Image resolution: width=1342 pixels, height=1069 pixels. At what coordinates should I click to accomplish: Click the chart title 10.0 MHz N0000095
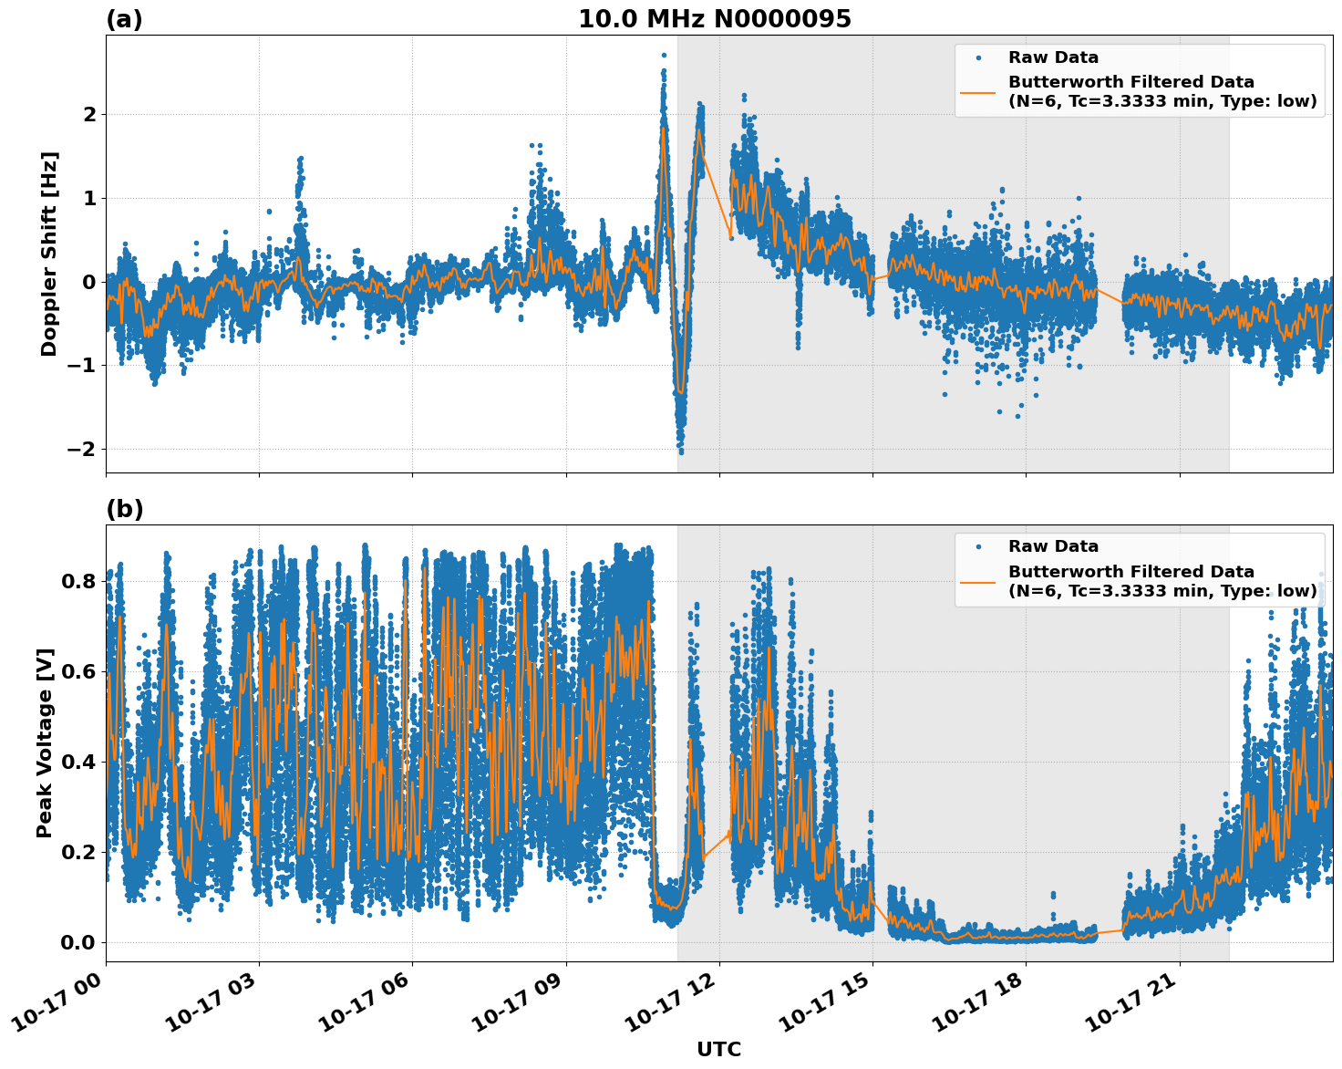click(715, 19)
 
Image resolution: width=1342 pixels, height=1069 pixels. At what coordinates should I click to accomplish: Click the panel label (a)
click(124, 19)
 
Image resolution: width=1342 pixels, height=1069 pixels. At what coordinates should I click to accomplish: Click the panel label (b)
click(124, 509)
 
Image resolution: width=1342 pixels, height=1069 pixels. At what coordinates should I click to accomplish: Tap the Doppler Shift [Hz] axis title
click(49, 254)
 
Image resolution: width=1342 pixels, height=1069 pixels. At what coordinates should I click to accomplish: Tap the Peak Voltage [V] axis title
click(45, 742)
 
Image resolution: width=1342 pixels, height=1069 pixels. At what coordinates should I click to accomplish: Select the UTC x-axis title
click(718, 1049)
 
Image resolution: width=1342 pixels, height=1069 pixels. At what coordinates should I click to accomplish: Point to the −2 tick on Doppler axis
click(82, 449)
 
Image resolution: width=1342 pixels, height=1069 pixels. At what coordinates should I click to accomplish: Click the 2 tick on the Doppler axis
click(89, 114)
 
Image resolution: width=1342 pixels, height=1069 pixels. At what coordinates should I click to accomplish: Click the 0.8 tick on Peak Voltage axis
click(78, 581)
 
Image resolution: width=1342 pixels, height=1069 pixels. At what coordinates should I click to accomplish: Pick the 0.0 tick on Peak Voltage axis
click(78, 942)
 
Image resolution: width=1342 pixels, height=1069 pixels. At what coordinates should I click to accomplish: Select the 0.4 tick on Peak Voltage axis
click(78, 762)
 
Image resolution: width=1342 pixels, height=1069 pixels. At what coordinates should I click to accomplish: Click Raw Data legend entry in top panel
click(1053, 57)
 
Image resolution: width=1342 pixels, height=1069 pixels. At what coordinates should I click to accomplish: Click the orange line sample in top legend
click(977, 91)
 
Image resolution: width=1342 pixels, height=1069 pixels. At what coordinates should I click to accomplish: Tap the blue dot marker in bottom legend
click(977, 546)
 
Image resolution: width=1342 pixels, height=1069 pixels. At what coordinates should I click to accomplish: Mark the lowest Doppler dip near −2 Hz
click(680, 451)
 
